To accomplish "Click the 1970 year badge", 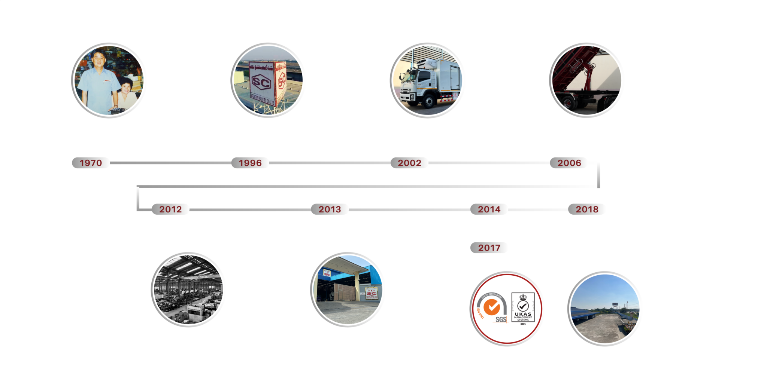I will (x=91, y=163).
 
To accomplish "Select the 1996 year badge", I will (x=250, y=163).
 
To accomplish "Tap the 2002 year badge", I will (x=409, y=163).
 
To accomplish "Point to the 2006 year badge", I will (x=569, y=163).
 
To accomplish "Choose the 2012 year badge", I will (x=170, y=209).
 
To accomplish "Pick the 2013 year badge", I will (x=330, y=209).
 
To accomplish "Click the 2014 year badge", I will (x=489, y=209).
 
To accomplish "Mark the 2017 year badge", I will (x=489, y=248).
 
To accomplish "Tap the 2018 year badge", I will (x=587, y=209).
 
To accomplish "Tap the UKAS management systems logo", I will (x=523, y=309).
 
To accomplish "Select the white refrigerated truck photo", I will (x=428, y=80).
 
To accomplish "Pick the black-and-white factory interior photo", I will (x=188, y=290).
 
